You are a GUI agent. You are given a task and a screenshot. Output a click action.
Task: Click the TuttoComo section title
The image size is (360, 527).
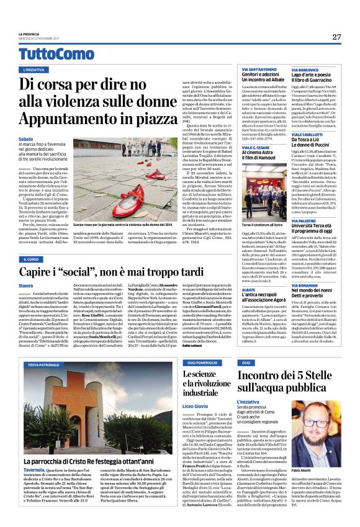tap(47, 54)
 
